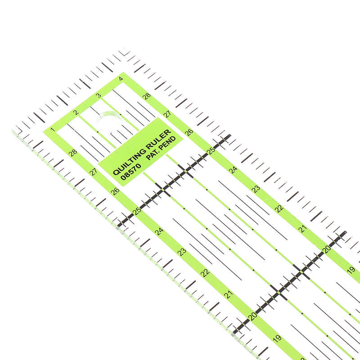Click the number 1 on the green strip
point(53,130)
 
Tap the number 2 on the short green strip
point(76,112)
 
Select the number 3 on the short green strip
point(98,95)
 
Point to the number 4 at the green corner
point(121,79)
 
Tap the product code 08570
point(130,171)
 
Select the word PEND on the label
point(168,142)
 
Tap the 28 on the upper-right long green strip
point(147,96)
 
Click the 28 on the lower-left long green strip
point(73,153)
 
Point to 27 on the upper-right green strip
point(167,114)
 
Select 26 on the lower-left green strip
point(115,191)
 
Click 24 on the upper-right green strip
point(233,170)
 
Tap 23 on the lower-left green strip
point(182,252)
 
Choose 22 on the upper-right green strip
point(279,209)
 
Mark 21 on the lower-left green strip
point(229,294)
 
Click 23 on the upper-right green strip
point(256,189)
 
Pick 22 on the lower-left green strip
point(205,273)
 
